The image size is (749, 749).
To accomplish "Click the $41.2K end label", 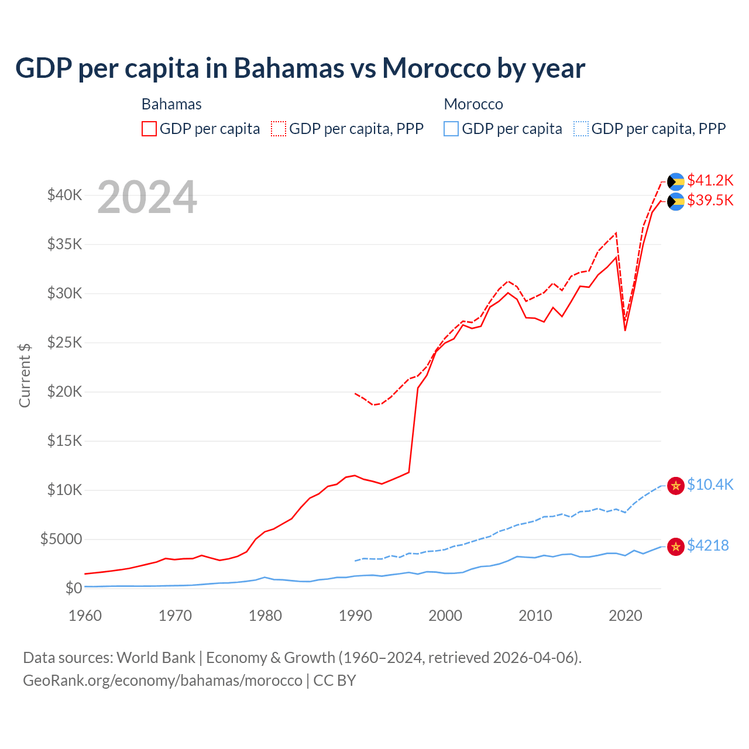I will pyautogui.click(x=710, y=180).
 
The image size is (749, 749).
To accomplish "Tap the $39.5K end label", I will pyautogui.click(x=710, y=201).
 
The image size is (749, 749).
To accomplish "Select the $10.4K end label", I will pyautogui.click(x=710, y=485).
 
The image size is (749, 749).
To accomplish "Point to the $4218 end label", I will pyautogui.click(x=707, y=546).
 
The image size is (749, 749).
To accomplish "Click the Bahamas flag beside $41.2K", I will pyautogui.click(x=676, y=181).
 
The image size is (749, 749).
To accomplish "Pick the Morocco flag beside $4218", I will pyautogui.click(x=676, y=547).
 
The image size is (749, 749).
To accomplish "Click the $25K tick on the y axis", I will pyautogui.click(x=64, y=342).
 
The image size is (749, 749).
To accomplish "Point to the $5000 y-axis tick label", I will pyautogui.click(x=61, y=539).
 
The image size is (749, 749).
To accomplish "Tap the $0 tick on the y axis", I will pyautogui.click(x=73, y=588).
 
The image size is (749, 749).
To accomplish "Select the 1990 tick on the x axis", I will pyautogui.click(x=355, y=616).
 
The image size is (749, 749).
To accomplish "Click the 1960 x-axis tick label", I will pyautogui.click(x=85, y=616).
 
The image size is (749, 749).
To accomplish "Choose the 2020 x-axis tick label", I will pyautogui.click(x=626, y=616).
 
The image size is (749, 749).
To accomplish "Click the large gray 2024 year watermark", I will pyautogui.click(x=147, y=198).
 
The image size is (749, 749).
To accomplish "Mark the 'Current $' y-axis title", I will pyautogui.click(x=25, y=375).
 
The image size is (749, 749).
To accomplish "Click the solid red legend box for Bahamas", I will pyautogui.click(x=149, y=129).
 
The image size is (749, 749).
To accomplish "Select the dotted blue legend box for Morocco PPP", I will pyautogui.click(x=581, y=129).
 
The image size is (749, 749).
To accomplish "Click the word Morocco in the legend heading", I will pyautogui.click(x=473, y=104).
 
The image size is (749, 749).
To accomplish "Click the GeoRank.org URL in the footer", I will pyautogui.click(x=163, y=681).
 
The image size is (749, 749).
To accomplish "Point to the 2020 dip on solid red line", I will pyautogui.click(x=625, y=330).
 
